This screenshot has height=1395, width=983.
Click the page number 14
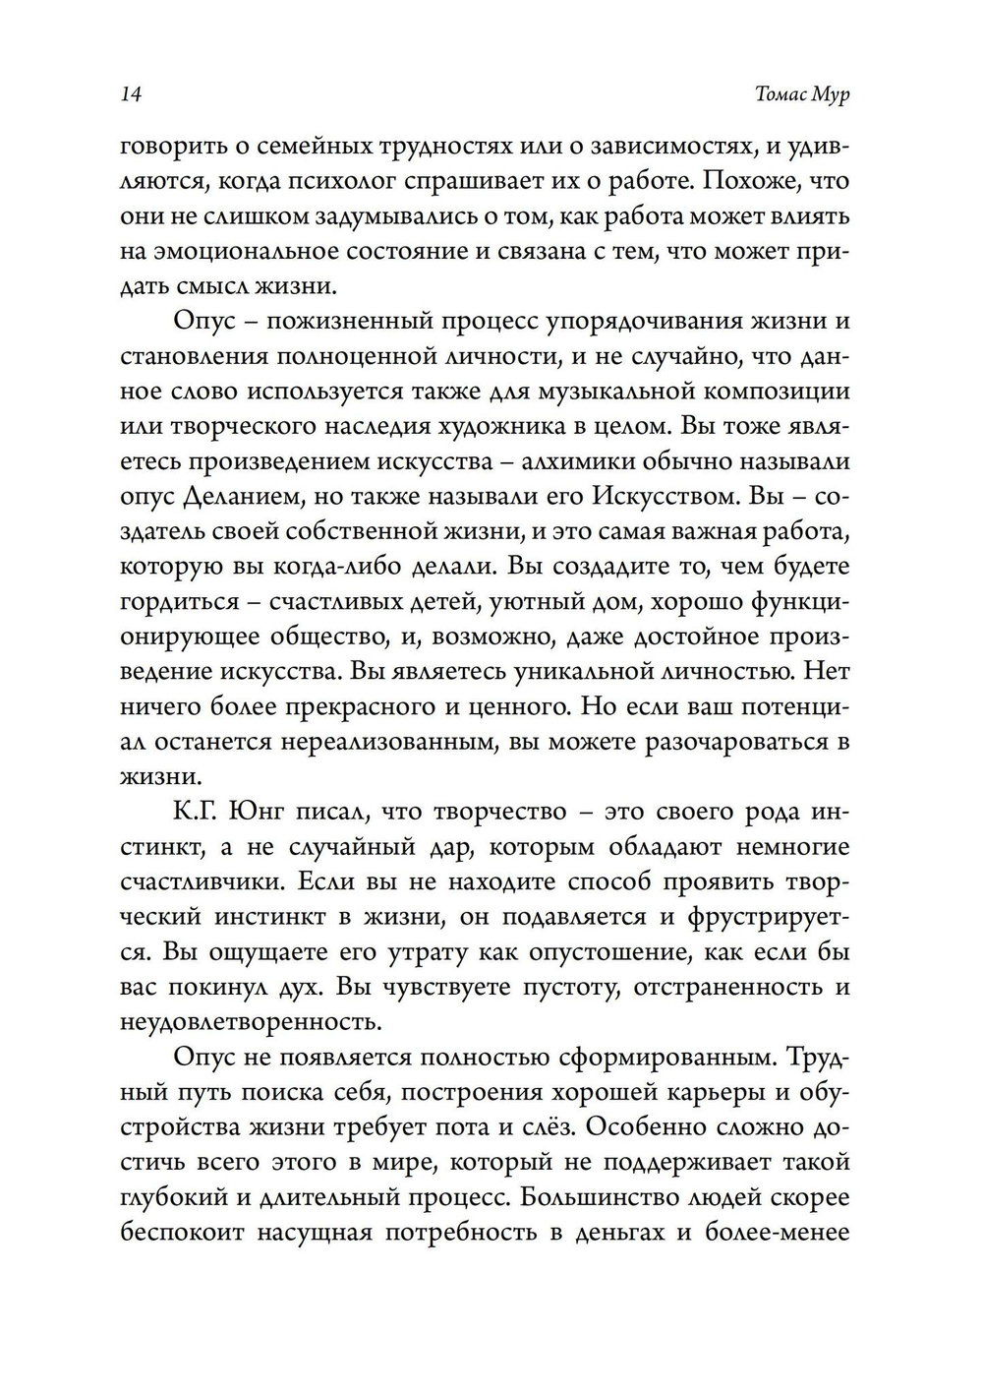pyautogui.click(x=132, y=94)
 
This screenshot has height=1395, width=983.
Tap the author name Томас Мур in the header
pyautogui.click(x=802, y=94)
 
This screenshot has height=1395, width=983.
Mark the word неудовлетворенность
pyautogui.click(x=250, y=1022)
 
